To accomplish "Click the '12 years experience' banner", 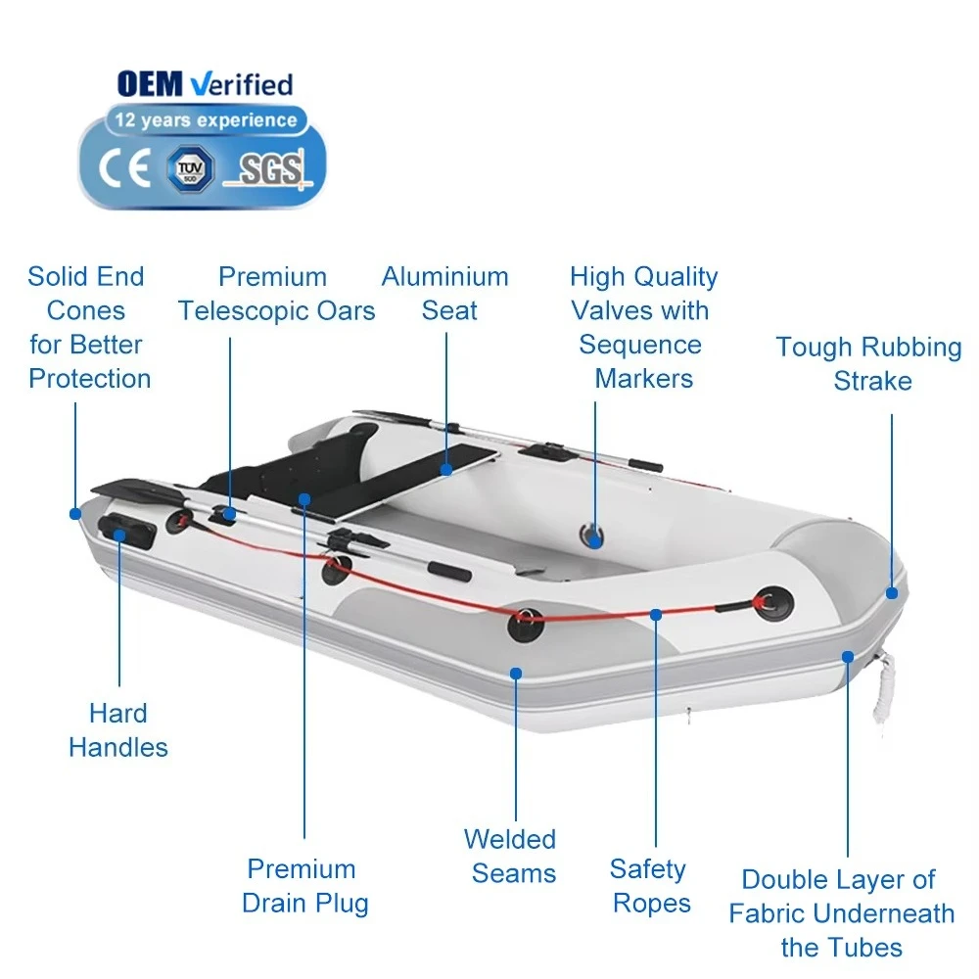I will [206, 120].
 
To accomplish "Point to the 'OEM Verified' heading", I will [205, 84].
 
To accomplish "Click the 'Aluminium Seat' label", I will [445, 294].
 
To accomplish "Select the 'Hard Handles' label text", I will [118, 729].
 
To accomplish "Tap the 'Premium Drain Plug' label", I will [305, 885].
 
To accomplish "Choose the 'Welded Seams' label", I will [510, 856].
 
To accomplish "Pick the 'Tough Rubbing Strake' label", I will [869, 363].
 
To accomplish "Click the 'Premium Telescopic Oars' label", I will [276, 294].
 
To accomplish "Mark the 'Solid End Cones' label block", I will [88, 327].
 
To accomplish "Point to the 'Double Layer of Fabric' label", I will [841, 913].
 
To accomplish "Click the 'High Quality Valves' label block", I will [644, 327].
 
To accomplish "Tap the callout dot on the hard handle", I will [120, 535].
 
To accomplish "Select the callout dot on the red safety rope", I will [656, 614].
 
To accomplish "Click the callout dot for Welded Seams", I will [516, 673].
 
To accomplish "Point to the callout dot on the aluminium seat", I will [446, 470].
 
